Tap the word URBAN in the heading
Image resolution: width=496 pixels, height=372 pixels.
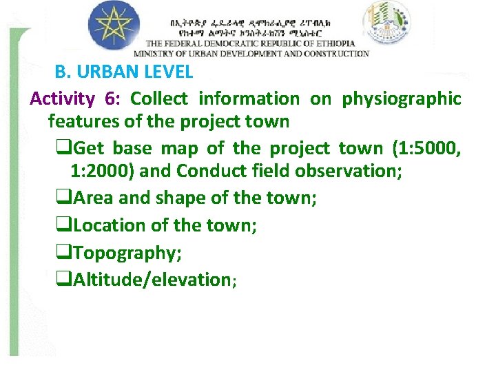point(112,71)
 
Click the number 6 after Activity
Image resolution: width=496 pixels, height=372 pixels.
point(110,99)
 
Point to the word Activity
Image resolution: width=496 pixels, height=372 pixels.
point(62,99)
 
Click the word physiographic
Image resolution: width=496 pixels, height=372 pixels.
point(402,99)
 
